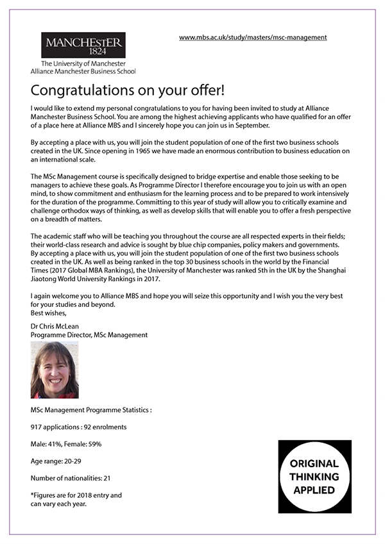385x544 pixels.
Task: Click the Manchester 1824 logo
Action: click(x=83, y=45)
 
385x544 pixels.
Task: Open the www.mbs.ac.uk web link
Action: click(x=253, y=37)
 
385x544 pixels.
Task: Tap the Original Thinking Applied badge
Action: click(x=314, y=476)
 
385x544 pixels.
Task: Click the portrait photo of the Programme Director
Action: click(x=55, y=370)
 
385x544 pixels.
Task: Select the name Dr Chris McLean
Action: click(x=55, y=326)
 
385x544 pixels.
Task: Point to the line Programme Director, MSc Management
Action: click(x=89, y=334)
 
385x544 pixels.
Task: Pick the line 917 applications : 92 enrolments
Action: click(x=78, y=426)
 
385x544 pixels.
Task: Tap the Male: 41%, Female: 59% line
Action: click(x=66, y=443)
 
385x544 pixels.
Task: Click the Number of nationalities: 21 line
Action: click(x=71, y=478)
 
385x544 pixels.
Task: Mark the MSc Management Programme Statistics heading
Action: click(x=91, y=409)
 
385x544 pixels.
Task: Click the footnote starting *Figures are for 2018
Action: click(x=76, y=499)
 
